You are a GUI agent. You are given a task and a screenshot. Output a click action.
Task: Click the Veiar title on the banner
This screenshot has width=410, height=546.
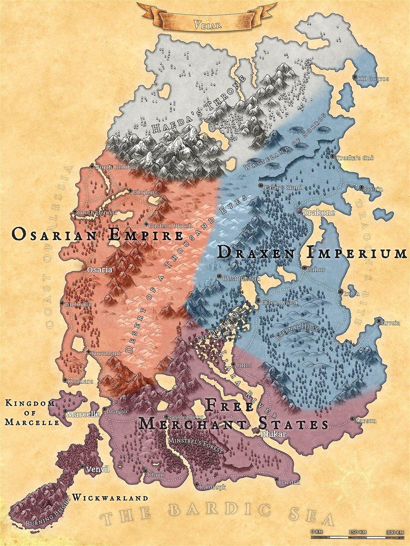tap(208, 25)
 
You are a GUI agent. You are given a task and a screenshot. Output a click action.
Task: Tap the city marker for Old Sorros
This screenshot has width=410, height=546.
tap(355, 78)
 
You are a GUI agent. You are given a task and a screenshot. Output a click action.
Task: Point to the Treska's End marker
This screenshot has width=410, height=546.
tap(332, 157)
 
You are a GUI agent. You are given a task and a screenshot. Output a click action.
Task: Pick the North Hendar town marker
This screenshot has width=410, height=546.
tap(92, 166)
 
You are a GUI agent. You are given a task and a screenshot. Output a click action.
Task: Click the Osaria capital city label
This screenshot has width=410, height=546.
tap(100, 269)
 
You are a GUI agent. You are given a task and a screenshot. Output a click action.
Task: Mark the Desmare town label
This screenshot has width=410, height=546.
tap(81, 381)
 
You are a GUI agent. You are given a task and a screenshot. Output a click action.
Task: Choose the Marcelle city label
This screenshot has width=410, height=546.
tap(83, 414)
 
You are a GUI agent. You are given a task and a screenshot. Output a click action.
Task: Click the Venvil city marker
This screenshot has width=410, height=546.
tap(82, 466)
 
